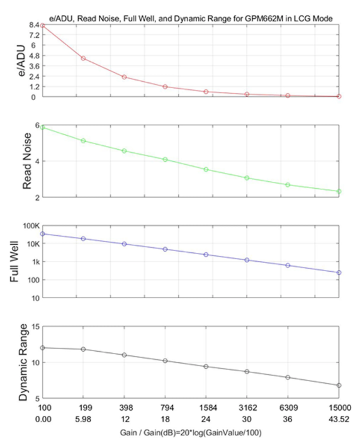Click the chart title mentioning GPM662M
click(191, 19)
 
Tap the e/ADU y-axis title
click(21, 60)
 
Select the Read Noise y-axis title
click(26, 161)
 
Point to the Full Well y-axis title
click(14, 261)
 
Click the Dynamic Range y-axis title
click(23, 362)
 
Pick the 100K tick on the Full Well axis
click(31, 226)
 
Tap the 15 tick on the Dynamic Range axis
click(35, 327)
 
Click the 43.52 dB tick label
click(339, 420)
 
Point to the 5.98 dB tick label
click(83, 420)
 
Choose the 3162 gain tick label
click(247, 408)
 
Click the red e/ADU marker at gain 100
click(43, 26)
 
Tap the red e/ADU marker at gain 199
click(83, 59)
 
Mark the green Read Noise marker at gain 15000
click(339, 191)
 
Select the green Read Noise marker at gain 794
click(166, 159)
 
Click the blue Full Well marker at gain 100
click(43, 234)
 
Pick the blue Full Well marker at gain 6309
click(288, 265)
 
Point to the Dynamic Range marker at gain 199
click(83, 349)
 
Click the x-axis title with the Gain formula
click(191, 432)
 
